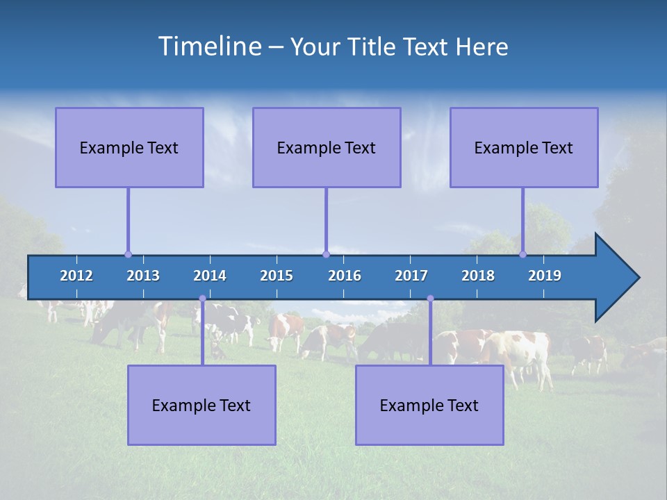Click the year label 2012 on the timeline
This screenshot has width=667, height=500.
tap(76, 276)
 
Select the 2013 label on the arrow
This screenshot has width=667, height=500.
tap(143, 276)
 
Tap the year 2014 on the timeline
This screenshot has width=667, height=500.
tap(210, 276)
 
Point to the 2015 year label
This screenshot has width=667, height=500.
tap(277, 276)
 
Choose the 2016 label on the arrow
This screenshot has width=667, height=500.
tap(345, 276)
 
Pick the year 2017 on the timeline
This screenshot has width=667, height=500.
tap(411, 276)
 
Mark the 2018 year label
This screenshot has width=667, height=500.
tap(478, 276)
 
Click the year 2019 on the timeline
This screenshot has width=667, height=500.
tap(545, 276)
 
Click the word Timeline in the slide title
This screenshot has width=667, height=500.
tap(208, 47)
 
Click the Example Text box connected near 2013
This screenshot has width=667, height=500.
tap(129, 147)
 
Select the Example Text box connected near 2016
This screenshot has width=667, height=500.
tap(327, 147)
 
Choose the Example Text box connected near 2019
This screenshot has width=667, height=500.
tap(524, 147)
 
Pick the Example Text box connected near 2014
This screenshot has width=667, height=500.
tap(201, 405)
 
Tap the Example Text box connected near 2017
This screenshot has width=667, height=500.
tap(429, 405)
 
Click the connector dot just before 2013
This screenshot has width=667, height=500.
tap(128, 254)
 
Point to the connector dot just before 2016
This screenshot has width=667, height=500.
tap(326, 254)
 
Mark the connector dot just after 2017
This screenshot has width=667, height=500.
tap(430, 299)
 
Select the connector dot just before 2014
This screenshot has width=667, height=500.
tap(202, 299)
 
